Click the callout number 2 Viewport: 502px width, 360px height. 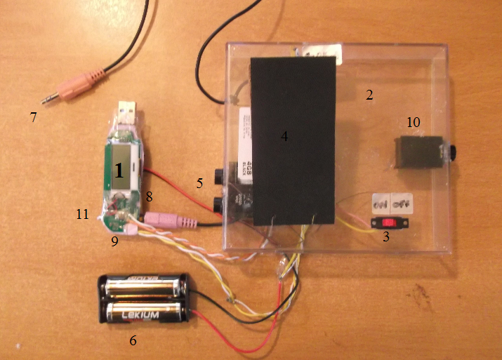click(x=369, y=96)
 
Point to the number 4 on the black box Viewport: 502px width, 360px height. click(x=284, y=137)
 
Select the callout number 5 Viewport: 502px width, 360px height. click(x=200, y=183)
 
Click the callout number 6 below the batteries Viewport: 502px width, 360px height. click(x=133, y=342)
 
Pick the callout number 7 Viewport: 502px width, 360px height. click(x=33, y=116)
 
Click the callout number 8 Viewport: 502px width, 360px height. click(x=149, y=196)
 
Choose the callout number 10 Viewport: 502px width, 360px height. click(x=414, y=123)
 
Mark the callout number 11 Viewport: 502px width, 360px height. click(x=82, y=214)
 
